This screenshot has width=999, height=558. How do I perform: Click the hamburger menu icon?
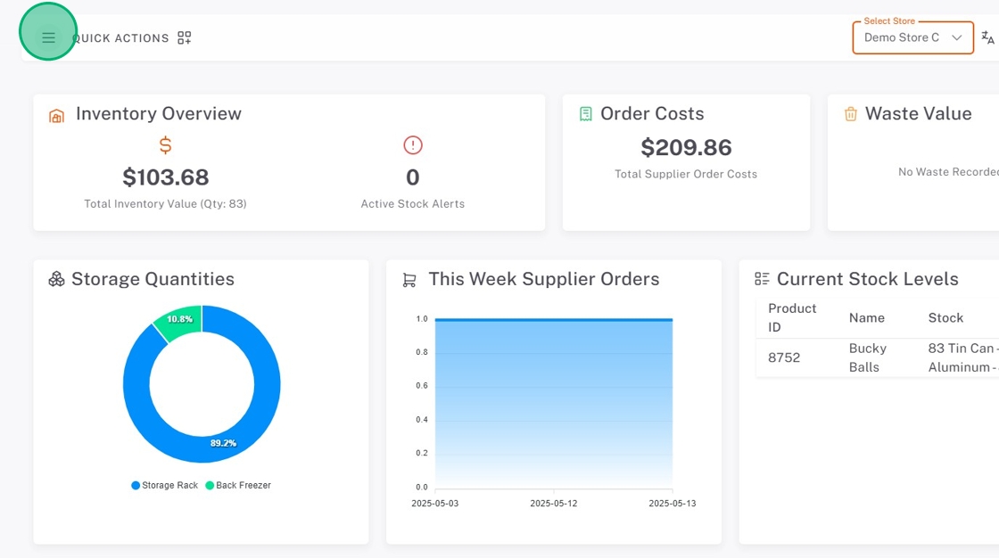[48, 37]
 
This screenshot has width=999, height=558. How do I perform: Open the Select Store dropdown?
[912, 38]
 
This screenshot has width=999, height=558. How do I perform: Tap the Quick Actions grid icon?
[185, 37]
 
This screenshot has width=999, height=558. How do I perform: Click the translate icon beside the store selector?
[987, 37]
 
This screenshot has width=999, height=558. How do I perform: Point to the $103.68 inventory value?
[165, 176]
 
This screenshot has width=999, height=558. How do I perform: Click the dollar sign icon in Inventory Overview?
[165, 145]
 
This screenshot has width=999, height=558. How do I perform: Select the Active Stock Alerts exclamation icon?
[412, 145]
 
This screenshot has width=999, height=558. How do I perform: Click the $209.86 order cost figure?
[686, 147]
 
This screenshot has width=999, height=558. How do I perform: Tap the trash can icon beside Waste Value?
[850, 114]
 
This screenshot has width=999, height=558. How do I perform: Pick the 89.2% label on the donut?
[223, 443]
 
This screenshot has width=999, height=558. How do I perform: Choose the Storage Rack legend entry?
[165, 486]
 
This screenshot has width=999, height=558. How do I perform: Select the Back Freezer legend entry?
[238, 486]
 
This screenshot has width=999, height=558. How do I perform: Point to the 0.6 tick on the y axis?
[422, 386]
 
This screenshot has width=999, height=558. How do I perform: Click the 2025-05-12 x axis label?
[553, 504]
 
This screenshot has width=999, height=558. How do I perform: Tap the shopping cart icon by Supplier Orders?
[409, 280]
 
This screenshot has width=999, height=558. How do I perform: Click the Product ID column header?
[792, 317]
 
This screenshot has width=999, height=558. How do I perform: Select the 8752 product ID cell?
[784, 357]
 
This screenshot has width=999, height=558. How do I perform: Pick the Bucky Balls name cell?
[867, 357]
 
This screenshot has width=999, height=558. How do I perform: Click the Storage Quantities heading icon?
[56, 280]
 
